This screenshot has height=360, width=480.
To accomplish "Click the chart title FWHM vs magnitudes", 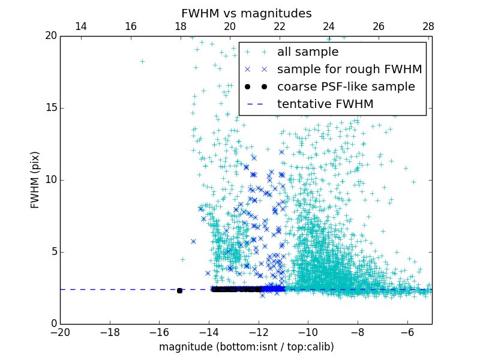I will point(246,13).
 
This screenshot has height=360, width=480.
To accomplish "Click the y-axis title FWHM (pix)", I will point(35,179).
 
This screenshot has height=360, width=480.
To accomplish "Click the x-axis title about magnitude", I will point(246,347).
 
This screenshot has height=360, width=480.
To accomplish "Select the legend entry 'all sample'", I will point(307,52).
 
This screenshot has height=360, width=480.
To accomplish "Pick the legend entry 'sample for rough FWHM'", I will point(349,70).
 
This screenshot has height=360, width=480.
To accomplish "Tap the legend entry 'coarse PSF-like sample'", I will point(346,87).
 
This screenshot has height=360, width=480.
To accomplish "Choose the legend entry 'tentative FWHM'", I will point(325,104).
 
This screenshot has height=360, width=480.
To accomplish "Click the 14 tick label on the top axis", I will point(80,26).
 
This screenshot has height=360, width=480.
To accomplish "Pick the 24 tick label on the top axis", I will point(329,26).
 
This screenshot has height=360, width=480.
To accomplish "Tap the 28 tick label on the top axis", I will point(428,26).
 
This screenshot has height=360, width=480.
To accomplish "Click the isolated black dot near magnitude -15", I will point(179,290).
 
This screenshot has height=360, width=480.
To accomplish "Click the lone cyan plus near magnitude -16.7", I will point(142,61).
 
